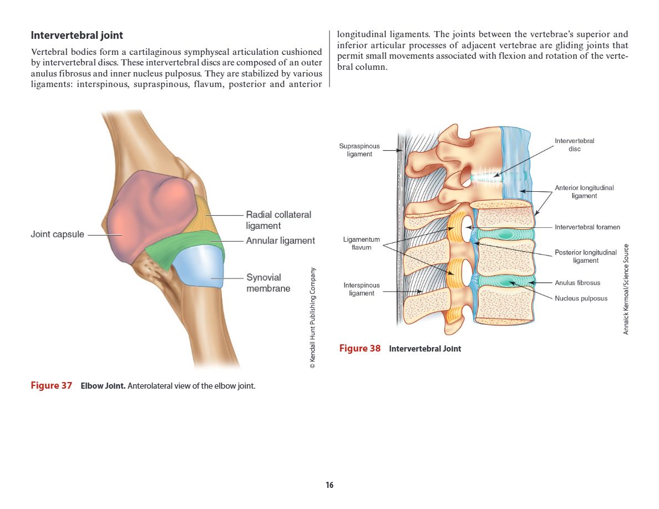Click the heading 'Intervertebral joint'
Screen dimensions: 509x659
coord(77,35)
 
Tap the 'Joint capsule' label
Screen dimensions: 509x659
coord(57,235)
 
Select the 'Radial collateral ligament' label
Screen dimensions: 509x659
coord(278,220)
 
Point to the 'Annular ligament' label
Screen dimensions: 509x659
coord(280,241)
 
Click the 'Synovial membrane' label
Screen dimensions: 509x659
coord(268,283)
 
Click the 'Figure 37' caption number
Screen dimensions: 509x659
coord(51,386)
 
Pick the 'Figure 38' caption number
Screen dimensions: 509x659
coord(360,349)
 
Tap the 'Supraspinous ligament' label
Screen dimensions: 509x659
coord(359,150)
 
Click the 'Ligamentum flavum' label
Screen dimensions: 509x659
coord(362,243)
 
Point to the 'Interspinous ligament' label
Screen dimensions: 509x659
coord(362,289)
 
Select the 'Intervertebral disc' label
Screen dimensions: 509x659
coord(574,145)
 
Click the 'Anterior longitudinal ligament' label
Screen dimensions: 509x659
coord(584,192)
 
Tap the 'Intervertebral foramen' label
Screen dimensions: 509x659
coord(587,227)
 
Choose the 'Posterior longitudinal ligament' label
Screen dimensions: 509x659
coord(586,256)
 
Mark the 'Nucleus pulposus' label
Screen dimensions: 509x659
coord(581,298)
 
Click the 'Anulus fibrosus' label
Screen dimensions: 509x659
coord(577,283)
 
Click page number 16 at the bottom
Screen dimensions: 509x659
coord(329,486)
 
